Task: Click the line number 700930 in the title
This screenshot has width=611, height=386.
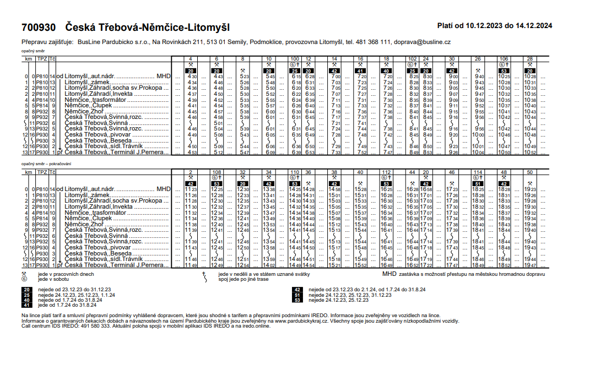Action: tap(39, 27)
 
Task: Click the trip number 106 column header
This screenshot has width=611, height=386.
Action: tap(503, 58)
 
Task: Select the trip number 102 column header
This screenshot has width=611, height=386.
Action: tap(412, 58)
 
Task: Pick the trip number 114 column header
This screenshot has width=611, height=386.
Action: tap(477, 172)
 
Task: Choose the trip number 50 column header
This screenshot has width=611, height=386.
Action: tap(529, 172)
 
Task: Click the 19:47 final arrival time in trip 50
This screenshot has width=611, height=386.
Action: tap(530, 265)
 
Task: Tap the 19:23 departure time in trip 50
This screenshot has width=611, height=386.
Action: tap(530, 189)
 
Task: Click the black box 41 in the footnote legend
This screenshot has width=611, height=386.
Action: tap(26, 305)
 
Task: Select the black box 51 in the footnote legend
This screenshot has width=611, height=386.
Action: tap(297, 295)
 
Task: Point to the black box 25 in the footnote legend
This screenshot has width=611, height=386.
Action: tap(26, 295)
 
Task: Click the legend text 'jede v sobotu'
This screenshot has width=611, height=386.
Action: tap(52, 279)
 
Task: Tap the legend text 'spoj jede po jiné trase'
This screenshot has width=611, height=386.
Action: tap(243, 279)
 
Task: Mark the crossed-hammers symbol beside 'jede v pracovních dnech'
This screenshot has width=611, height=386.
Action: tap(24, 274)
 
